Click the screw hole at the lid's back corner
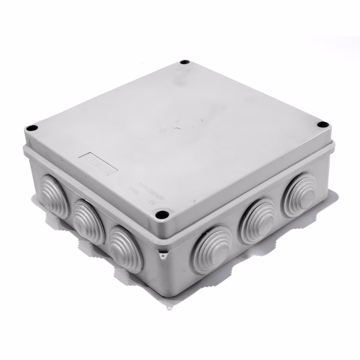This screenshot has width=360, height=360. (184, 63)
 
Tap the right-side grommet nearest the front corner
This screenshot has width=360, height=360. (212, 248)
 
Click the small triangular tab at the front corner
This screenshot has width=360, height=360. (163, 255)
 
